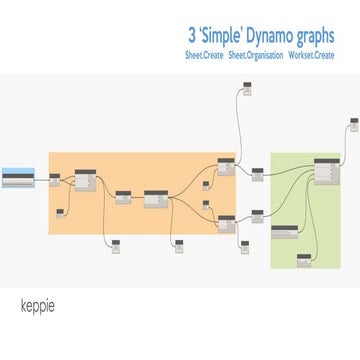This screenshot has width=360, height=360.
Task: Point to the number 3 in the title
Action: pos(190,33)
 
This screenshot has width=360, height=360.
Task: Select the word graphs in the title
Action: pos(320,33)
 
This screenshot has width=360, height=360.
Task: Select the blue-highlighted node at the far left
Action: pos(17,179)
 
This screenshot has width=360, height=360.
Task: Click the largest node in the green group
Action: pos(327,171)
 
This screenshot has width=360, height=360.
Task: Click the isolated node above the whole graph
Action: pos(248,90)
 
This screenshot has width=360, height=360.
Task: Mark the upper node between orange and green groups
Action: pos(257,175)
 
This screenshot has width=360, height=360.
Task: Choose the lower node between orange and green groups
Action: pos(257,214)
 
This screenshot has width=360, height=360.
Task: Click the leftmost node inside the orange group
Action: pos(55,179)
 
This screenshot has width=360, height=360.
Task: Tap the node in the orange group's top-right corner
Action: pos(225,167)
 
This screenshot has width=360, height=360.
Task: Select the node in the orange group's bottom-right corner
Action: pos(225,222)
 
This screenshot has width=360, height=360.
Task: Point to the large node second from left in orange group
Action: pos(85,180)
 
